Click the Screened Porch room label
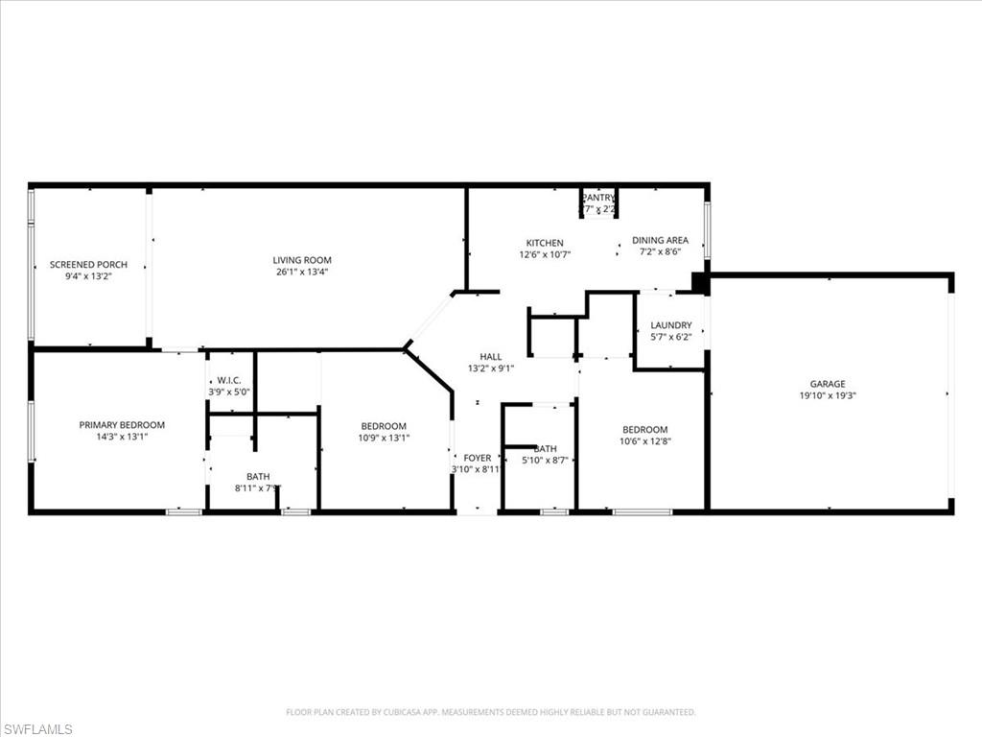pos(88,264)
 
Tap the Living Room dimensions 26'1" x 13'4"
pos(302,272)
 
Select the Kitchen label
pos(544,243)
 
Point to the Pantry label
pos(598,198)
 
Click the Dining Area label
pos(660,240)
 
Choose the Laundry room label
pos(670,325)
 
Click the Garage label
pos(827,384)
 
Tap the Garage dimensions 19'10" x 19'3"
pos(827,395)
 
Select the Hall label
pos(490,357)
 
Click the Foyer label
pos(477,458)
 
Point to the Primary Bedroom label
pos(122,424)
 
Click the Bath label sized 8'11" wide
pos(258,476)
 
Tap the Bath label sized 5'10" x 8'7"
pos(545,448)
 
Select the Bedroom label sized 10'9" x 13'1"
pos(384,426)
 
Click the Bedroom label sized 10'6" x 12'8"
pos(644,429)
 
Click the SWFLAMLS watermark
pos(38,729)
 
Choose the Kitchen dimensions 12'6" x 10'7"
pos(544,254)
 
